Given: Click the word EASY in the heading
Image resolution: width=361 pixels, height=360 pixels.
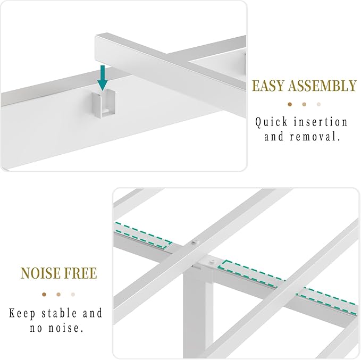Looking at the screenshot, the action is coord(268,86).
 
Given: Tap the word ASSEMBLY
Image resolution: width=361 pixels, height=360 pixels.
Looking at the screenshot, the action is coord(322,86).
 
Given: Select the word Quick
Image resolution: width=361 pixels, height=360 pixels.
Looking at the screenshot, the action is coord(272,122).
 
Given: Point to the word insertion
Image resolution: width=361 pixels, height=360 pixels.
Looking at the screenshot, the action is coord(321,122).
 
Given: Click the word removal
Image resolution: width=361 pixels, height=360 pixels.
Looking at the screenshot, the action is coord(315,136).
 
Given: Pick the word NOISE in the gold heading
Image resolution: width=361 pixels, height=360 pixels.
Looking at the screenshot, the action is coord(40,273).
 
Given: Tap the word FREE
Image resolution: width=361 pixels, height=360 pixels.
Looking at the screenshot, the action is coord(80,273).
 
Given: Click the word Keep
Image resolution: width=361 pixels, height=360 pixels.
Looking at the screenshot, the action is coord(22,314).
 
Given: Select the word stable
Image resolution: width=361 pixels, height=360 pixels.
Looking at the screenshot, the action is coord(59,313).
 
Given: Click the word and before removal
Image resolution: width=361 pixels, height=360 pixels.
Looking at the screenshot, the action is coord(274,136).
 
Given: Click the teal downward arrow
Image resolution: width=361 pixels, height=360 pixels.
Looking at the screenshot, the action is coord(103,78).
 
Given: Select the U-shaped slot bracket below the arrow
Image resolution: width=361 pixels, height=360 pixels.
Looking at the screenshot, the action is coord(103,104).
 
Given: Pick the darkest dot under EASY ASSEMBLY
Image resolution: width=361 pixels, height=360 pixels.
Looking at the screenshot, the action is coord(290,104).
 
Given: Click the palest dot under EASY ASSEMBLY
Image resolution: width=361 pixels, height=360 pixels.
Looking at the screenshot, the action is coord(318,104).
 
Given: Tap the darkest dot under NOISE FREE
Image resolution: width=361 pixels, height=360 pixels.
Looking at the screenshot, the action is coord(44,295).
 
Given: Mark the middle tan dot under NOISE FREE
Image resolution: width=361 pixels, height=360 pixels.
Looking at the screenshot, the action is coord(58,295).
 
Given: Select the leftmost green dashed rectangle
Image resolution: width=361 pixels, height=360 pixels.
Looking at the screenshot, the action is coord(143,236).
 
